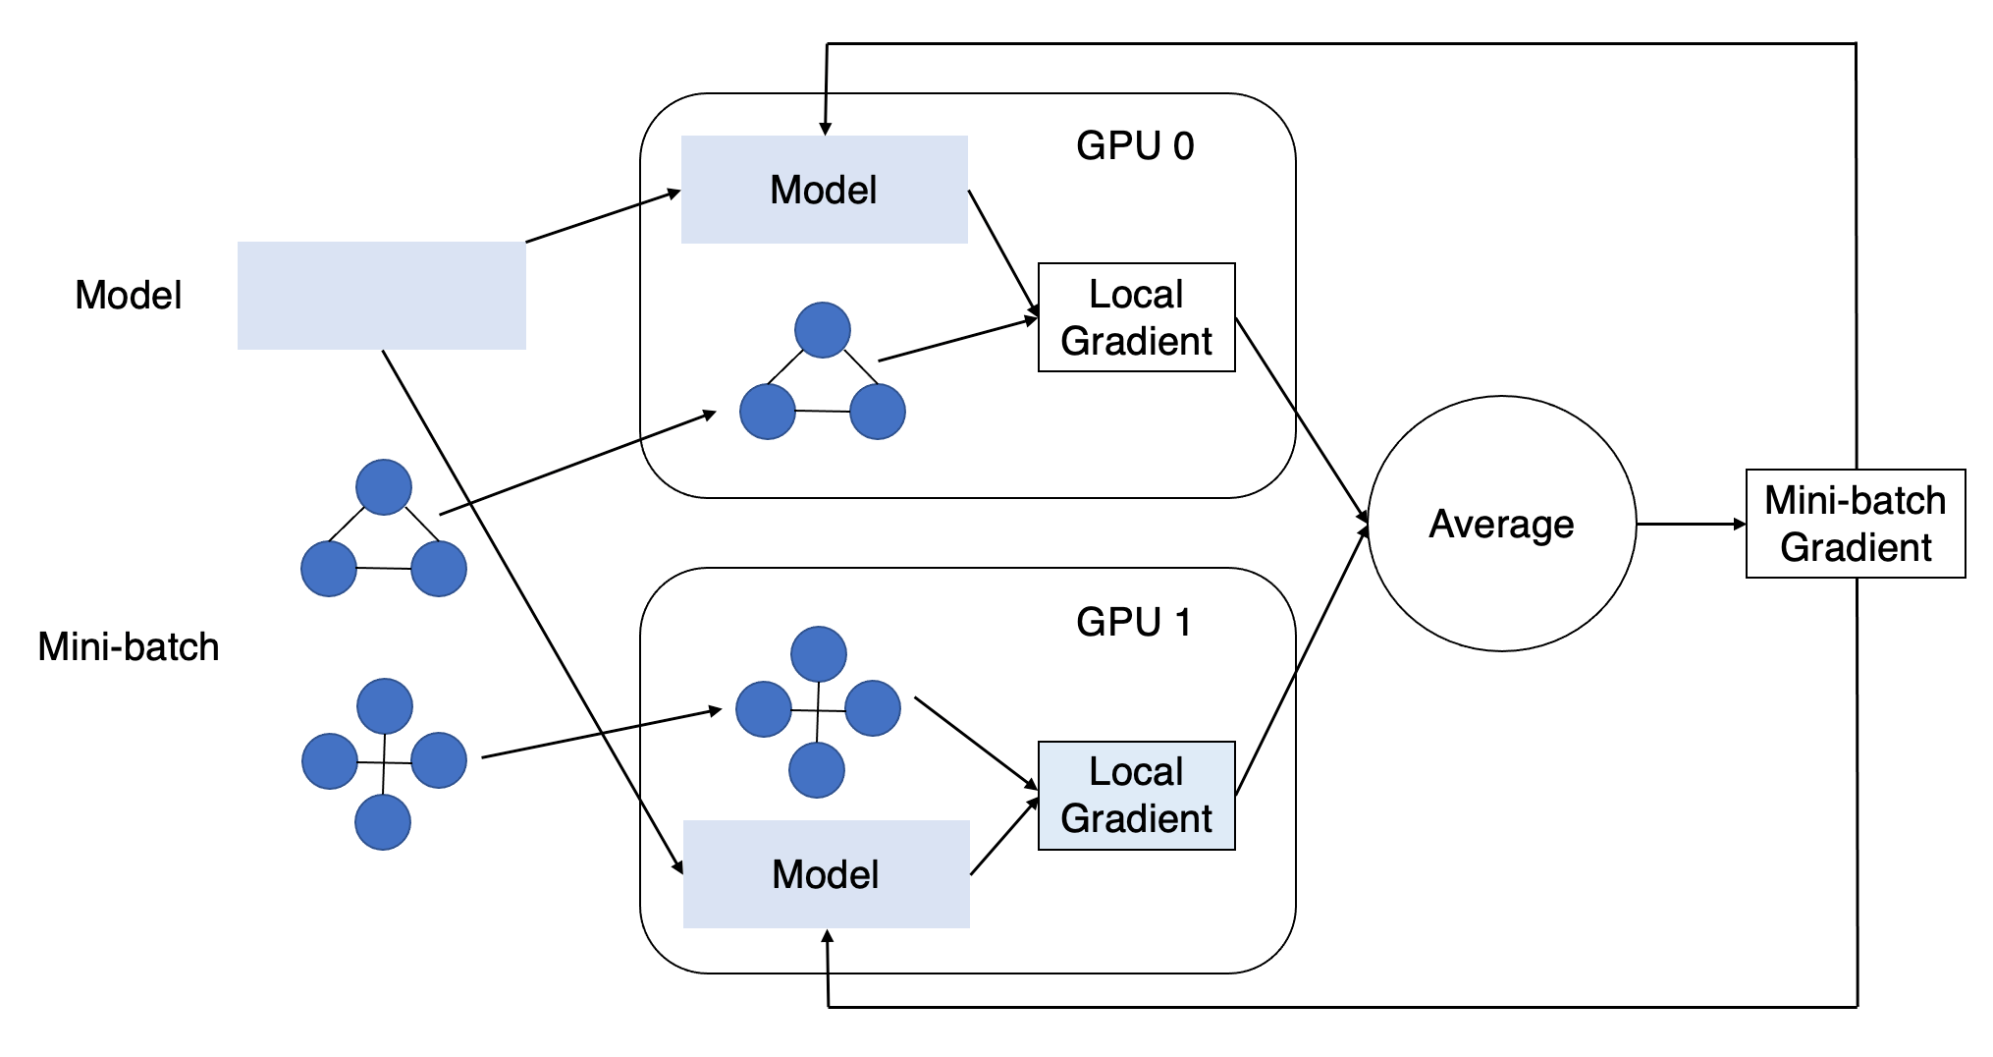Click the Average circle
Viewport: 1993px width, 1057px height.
click(1501, 524)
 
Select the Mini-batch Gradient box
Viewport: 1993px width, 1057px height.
click(1855, 524)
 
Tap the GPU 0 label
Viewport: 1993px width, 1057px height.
click(1134, 145)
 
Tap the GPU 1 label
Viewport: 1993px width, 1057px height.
click(1134, 622)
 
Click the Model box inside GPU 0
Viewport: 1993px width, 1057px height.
click(824, 190)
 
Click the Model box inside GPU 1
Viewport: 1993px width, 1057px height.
click(826, 874)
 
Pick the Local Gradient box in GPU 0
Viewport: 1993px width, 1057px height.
click(1136, 317)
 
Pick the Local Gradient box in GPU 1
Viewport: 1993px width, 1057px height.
click(1136, 795)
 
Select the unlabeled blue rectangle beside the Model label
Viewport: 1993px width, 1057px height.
click(381, 295)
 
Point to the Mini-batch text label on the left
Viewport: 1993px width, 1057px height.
click(128, 646)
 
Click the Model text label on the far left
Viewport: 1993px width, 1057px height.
click(128, 295)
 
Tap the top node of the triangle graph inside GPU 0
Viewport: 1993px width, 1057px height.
click(822, 329)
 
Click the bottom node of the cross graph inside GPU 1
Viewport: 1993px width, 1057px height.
click(816, 770)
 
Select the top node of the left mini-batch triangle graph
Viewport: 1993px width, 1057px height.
click(383, 486)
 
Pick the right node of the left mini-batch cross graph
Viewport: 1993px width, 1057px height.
click(438, 760)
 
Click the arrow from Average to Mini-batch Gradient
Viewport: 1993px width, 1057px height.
click(1689, 524)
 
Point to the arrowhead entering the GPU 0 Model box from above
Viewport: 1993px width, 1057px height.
click(826, 128)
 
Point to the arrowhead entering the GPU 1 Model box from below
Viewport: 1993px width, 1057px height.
click(828, 937)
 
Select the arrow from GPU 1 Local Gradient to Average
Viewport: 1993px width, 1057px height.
click(1301, 660)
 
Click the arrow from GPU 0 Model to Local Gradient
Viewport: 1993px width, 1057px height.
click(1002, 251)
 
